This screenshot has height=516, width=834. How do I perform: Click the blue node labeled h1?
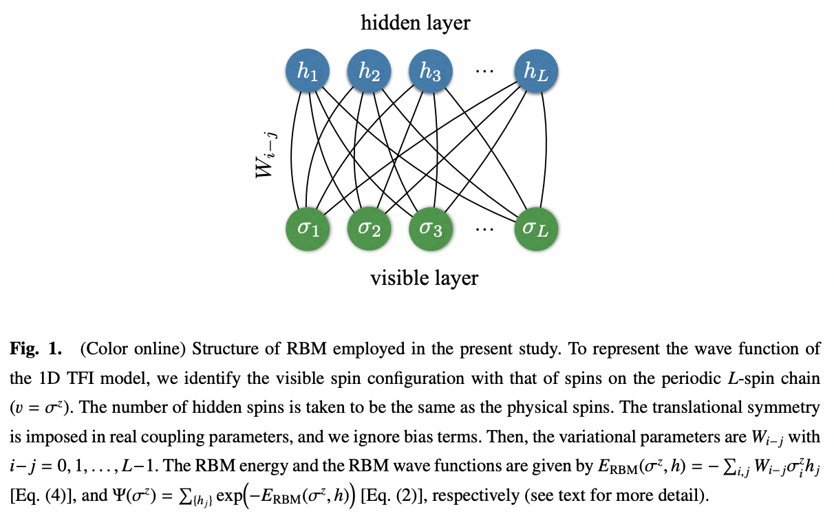307,71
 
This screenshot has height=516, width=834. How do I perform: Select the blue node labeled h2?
369,71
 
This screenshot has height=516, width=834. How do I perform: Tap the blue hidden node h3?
430,71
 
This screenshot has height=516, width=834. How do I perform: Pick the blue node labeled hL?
536,71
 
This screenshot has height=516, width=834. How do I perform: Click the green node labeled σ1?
307,227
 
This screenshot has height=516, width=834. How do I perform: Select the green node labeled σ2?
369,227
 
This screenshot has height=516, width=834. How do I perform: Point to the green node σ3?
430,227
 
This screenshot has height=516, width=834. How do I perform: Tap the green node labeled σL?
536,227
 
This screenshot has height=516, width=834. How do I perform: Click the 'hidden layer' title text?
416,23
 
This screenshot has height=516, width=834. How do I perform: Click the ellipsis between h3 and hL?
484,70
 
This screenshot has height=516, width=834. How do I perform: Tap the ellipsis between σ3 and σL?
484,228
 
